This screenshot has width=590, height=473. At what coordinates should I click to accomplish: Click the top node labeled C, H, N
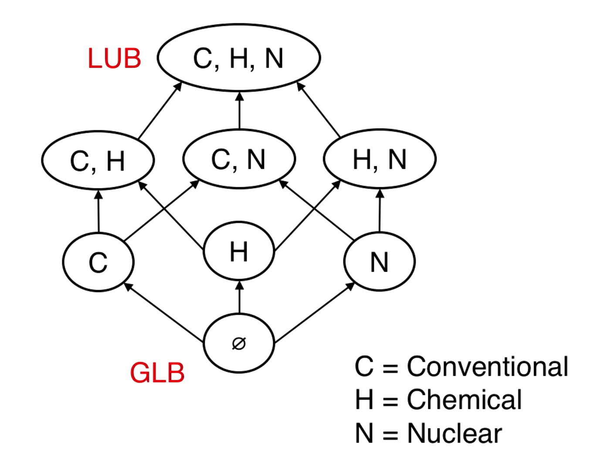239,58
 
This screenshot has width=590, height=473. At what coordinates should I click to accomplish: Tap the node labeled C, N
239,159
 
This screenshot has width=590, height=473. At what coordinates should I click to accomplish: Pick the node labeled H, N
380,159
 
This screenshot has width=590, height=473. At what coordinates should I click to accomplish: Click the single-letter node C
98,262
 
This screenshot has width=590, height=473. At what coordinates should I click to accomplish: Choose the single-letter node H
239,251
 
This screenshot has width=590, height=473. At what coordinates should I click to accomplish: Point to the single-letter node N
380,262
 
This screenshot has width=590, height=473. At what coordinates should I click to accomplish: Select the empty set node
239,343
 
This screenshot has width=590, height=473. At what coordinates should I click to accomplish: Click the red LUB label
114,58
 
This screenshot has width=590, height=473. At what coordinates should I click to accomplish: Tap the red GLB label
157,373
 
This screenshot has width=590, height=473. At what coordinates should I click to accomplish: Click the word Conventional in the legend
488,366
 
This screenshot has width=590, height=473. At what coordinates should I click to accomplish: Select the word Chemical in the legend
464,399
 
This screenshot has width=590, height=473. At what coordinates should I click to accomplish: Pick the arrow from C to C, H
98,211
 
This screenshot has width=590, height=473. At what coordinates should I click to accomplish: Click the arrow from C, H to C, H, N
159,111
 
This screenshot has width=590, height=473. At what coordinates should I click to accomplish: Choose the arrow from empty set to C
164,313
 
